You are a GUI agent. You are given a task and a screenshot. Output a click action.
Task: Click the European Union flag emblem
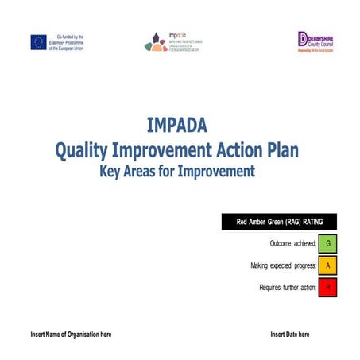[x=38, y=42]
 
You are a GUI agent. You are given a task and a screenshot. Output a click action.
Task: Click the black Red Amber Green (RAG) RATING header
[x=279, y=223]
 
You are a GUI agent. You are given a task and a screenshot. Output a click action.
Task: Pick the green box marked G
[x=327, y=243]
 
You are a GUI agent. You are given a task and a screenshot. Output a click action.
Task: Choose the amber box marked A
[x=327, y=265]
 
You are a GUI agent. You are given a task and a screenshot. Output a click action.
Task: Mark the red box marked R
[x=327, y=288]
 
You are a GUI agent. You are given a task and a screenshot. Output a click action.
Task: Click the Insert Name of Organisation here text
[x=71, y=335]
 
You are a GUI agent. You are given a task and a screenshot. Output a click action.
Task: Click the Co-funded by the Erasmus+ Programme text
[x=69, y=42]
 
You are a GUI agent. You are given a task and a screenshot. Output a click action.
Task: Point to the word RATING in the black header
[x=313, y=223]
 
